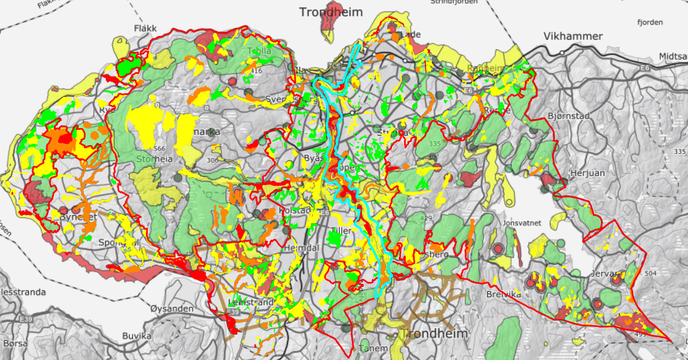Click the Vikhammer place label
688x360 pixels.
[x=573, y=36]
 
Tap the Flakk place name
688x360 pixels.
[x=145, y=29]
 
